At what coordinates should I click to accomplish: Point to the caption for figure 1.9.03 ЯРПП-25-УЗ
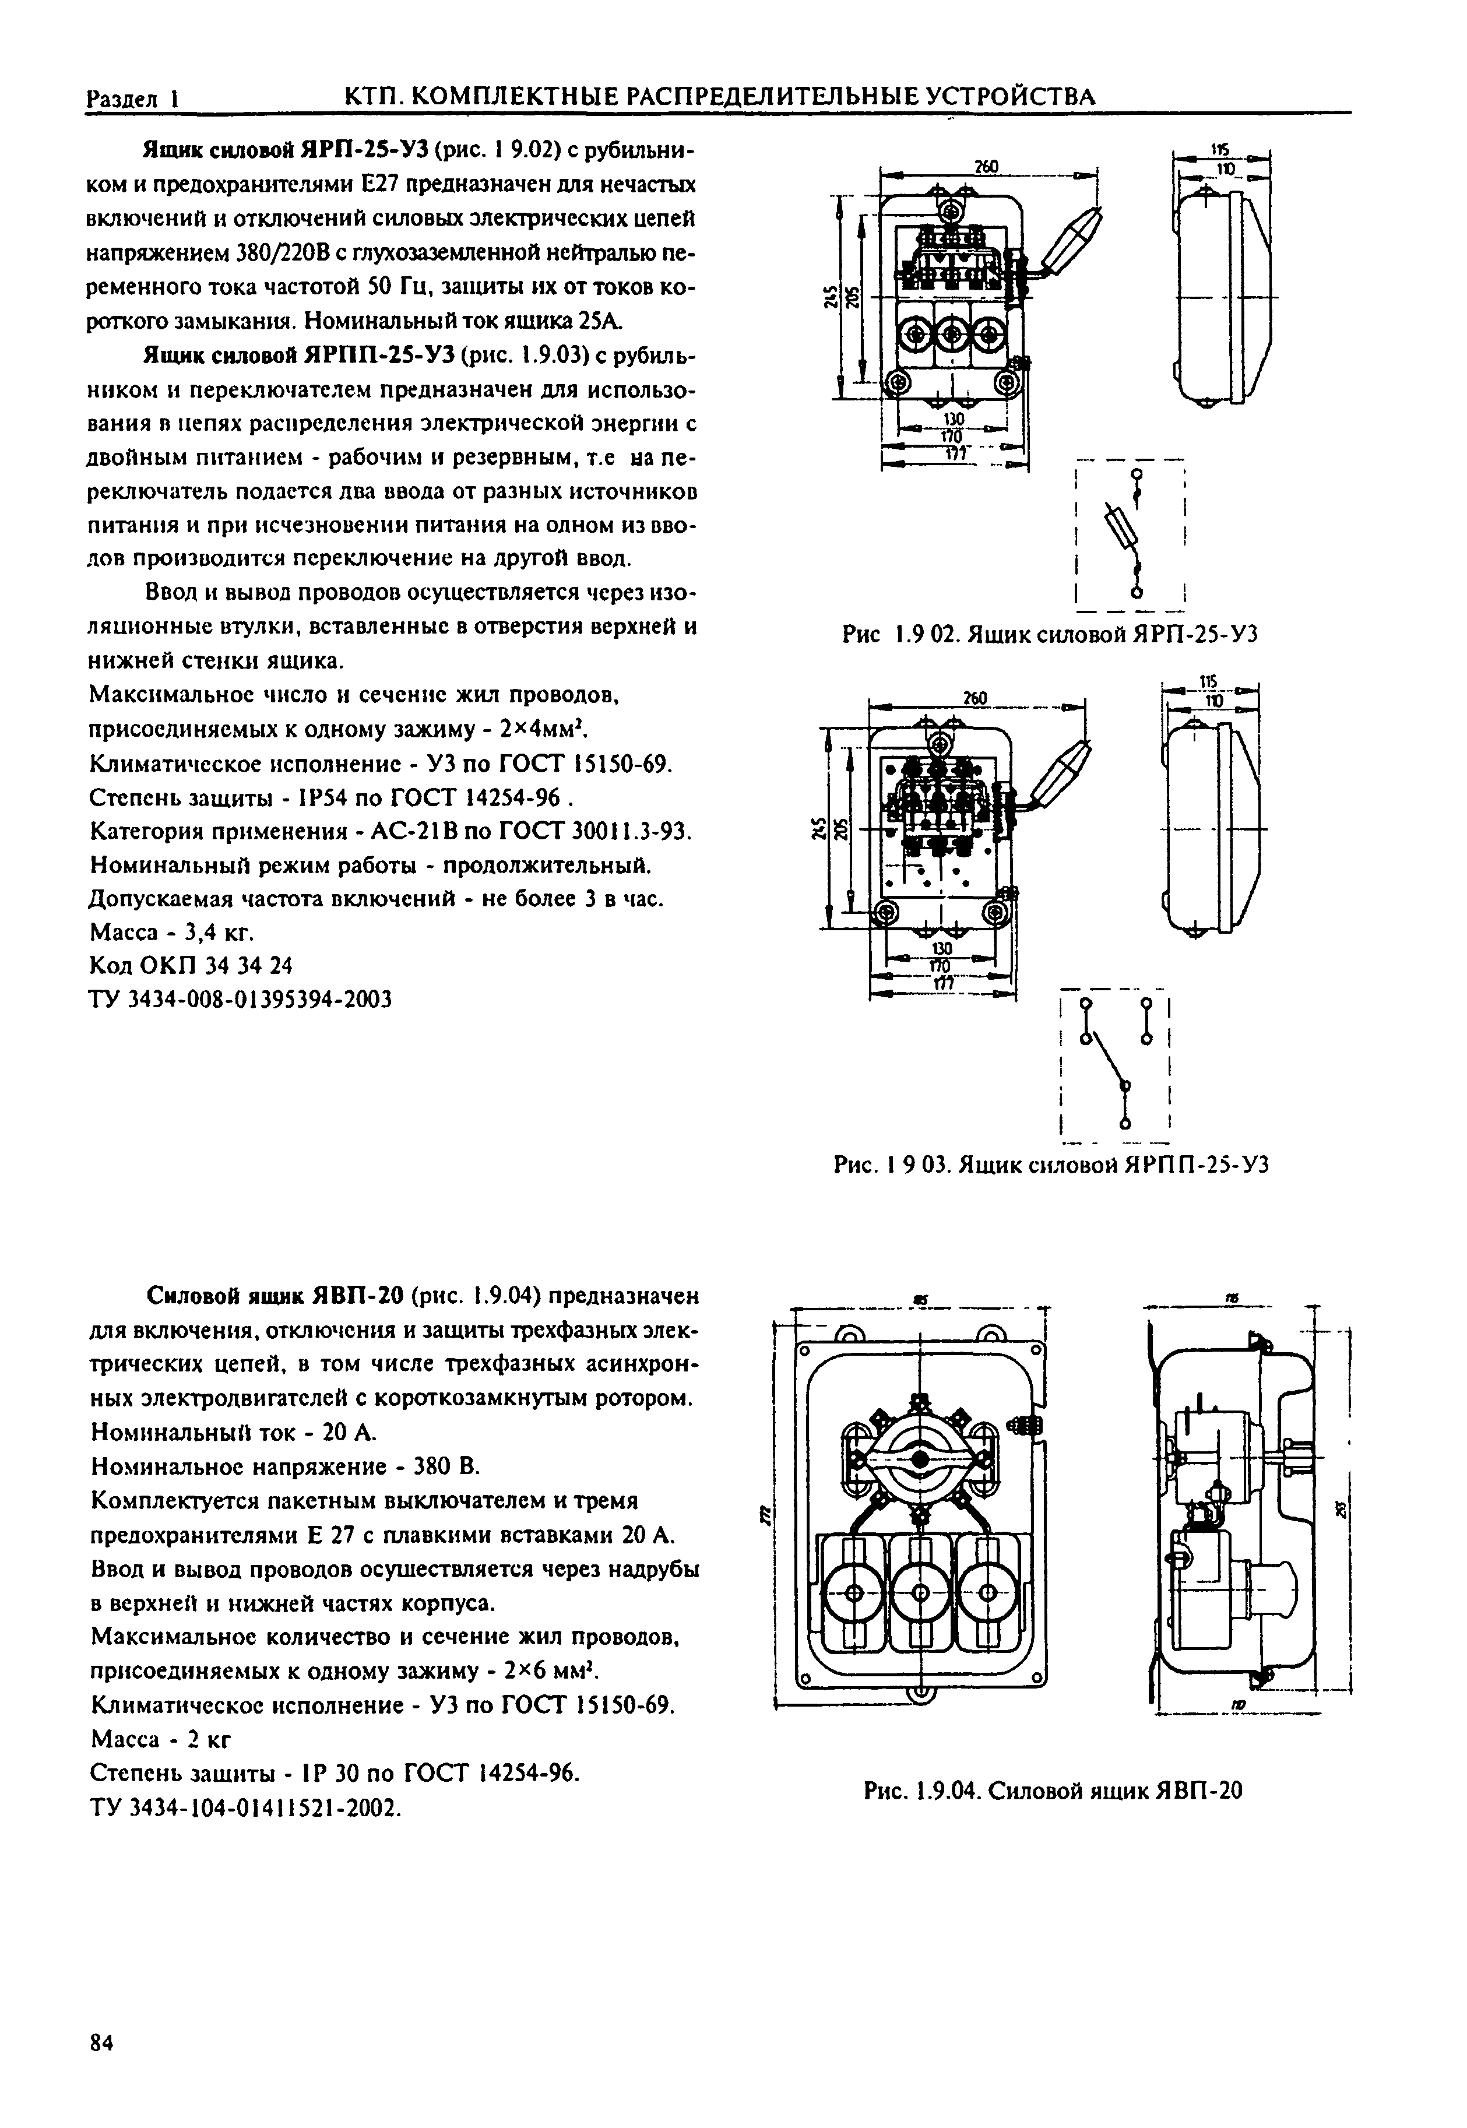pos(1051,1166)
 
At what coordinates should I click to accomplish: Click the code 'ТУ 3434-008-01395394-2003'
pos(241,998)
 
